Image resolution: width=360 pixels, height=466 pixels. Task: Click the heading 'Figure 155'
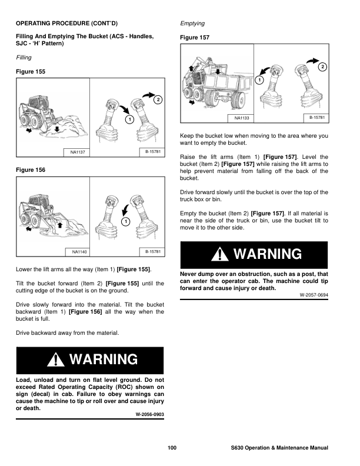pyautogui.click(x=30, y=71)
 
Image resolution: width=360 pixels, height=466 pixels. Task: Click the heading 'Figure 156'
pyautogui.click(x=30, y=169)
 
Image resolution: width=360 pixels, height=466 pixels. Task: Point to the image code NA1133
pyautogui.click(x=241, y=118)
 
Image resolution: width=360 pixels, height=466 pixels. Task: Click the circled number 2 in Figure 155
pyautogui.click(x=157, y=99)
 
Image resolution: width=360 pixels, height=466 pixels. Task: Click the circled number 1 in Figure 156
pyautogui.click(x=125, y=221)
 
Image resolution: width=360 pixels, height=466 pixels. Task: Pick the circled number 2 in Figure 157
pyautogui.click(x=322, y=67)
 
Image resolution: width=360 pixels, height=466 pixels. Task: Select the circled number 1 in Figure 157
pyautogui.click(x=259, y=79)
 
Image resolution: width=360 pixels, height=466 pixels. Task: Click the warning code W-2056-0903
pyautogui.click(x=149, y=414)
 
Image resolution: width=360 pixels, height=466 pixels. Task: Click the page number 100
pyautogui.click(x=172, y=449)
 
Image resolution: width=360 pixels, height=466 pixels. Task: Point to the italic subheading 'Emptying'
pyautogui.click(x=192, y=24)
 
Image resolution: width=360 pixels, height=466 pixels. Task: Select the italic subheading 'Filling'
pyautogui.click(x=24, y=58)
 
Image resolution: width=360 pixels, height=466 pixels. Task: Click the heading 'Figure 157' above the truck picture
pyautogui.click(x=195, y=37)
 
